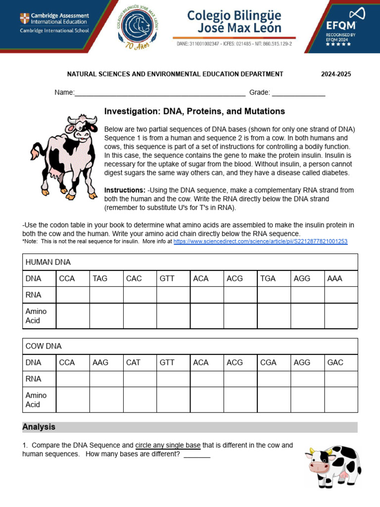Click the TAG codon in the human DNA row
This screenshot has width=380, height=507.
(x=100, y=278)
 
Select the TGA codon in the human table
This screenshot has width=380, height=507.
(x=268, y=278)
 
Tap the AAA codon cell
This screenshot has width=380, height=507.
(x=334, y=278)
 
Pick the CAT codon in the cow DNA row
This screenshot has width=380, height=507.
(x=134, y=362)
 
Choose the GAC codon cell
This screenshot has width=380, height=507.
(x=335, y=362)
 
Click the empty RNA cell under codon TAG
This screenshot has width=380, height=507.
(x=106, y=295)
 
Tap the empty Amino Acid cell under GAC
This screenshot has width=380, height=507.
(x=340, y=400)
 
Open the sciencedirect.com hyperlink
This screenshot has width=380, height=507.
(x=260, y=242)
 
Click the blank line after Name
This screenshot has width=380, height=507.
(x=159, y=93)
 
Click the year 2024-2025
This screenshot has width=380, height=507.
(x=336, y=74)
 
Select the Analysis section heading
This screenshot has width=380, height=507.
(x=39, y=427)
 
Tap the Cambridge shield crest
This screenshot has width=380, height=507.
(x=24, y=19)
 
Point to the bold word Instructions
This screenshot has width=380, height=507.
(x=125, y=190)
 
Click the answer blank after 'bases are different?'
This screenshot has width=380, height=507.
(x=197, y=455)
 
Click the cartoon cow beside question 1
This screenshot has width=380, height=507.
(x=333, y=465)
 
